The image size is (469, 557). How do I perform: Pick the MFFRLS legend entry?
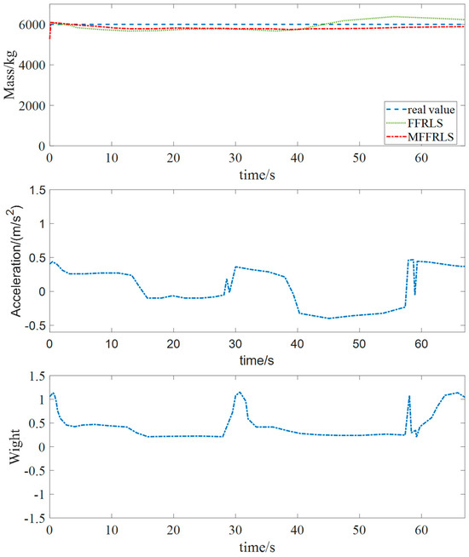(x=431, y=135)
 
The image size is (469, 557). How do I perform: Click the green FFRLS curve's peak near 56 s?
(x=394, y=16)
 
